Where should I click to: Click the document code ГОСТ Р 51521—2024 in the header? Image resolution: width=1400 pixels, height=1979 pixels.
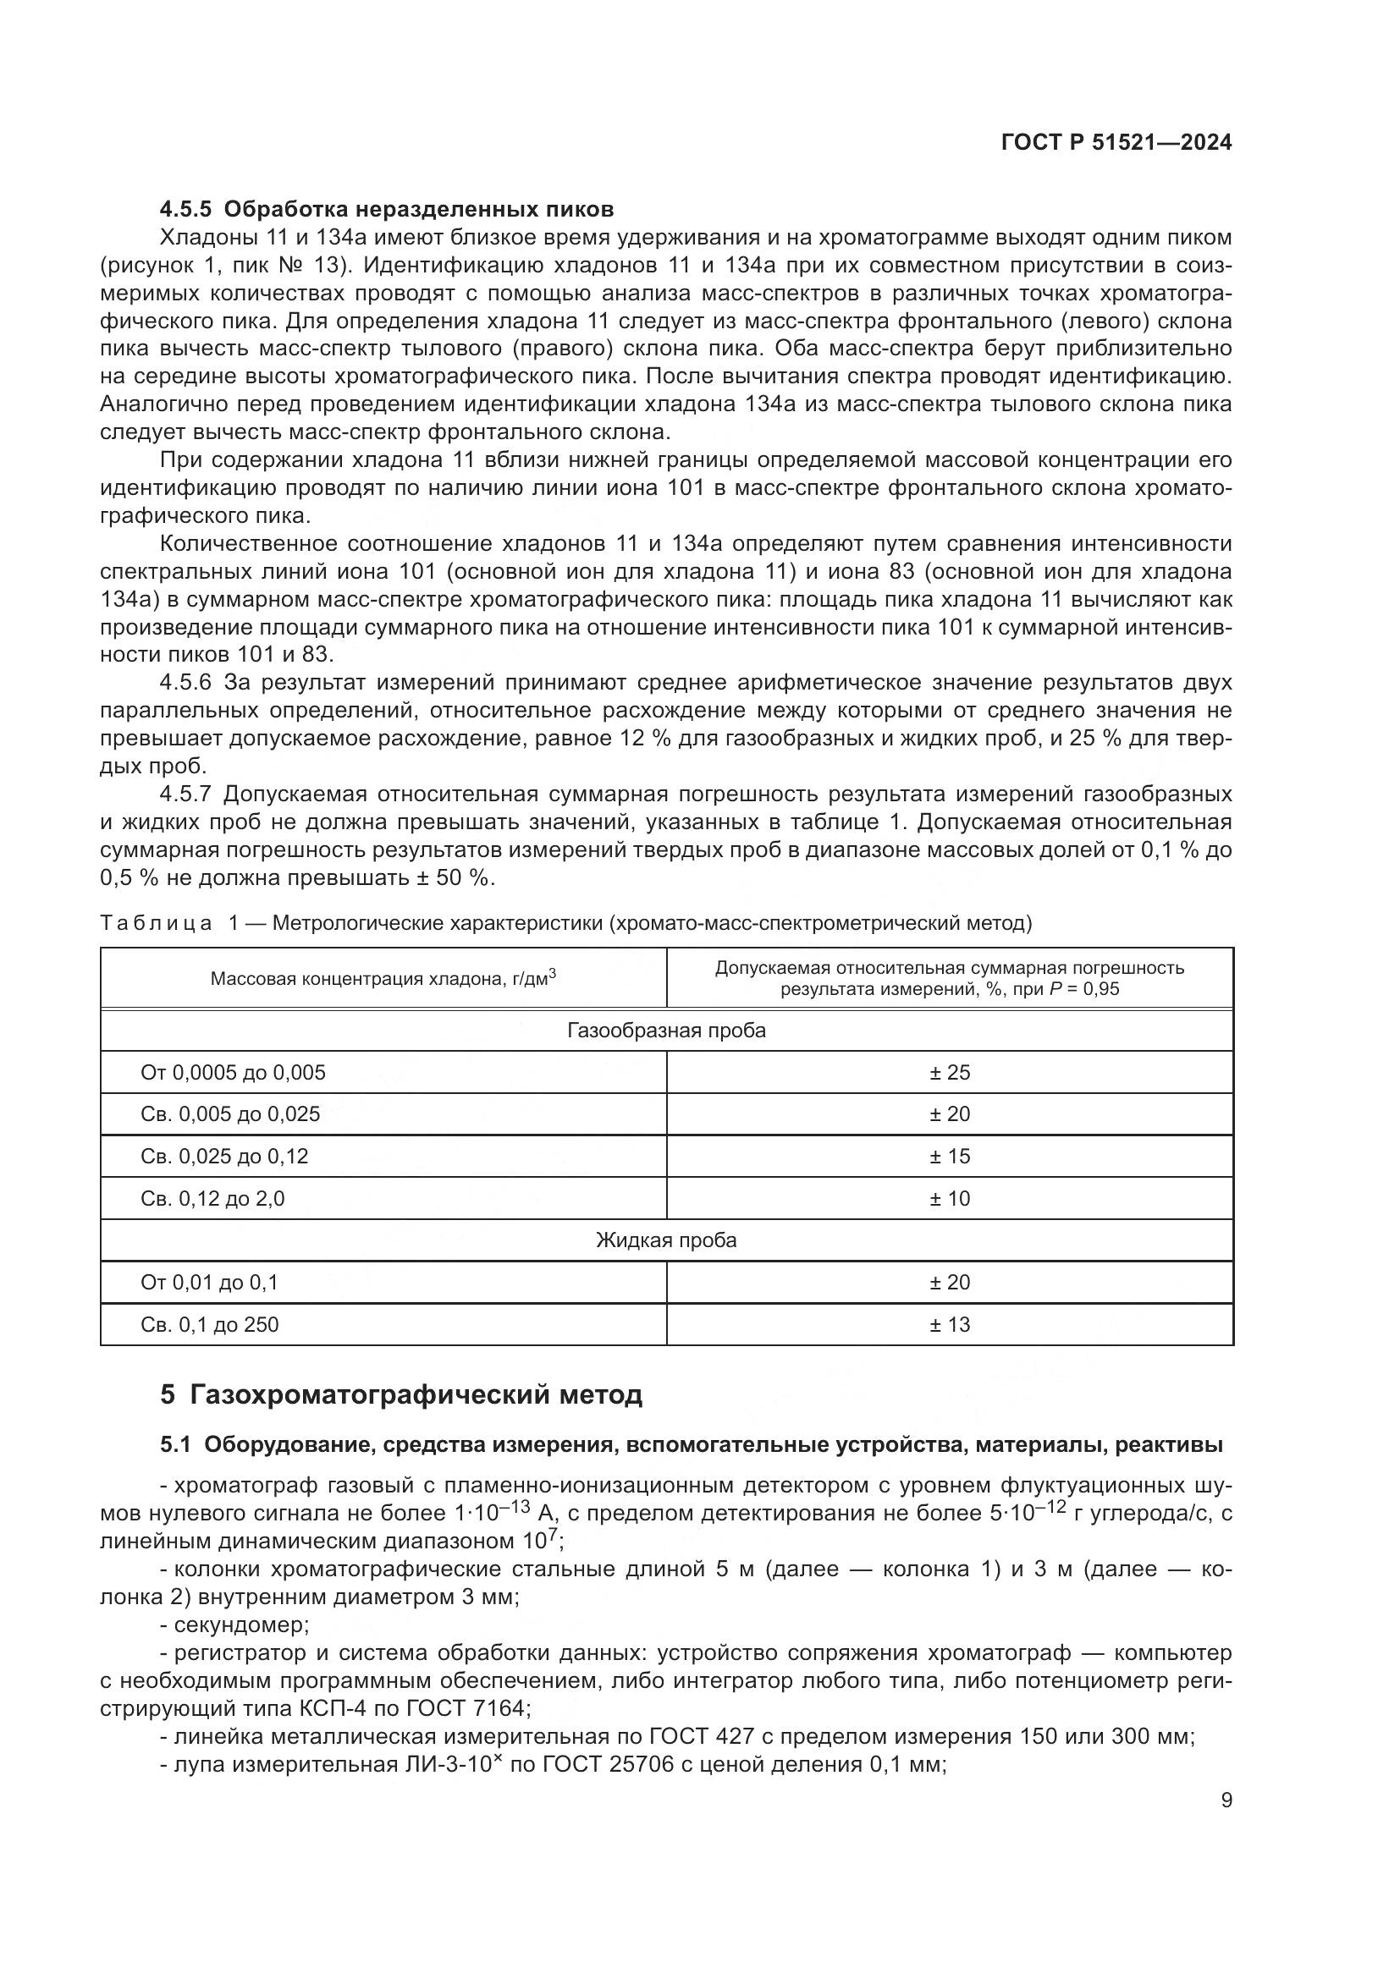pyautogui.click(x=1116, y=143)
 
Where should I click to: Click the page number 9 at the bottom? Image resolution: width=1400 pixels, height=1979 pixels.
pyautogui.click(x=1226, y=1799)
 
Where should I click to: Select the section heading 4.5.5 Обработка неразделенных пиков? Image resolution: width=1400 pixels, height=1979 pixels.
pyautogui.click(x=387, y=209)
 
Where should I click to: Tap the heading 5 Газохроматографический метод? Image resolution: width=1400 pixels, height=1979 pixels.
pyautogui.click(x=401, y=1394)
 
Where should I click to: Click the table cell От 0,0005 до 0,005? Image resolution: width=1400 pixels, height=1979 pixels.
pyautogui.click(x=233, y=1072)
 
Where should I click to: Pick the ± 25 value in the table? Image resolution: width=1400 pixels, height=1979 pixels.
pyautogui.click(x=949, y=1072)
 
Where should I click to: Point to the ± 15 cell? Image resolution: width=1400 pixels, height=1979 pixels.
pyautogui.click(x=949, y=1156)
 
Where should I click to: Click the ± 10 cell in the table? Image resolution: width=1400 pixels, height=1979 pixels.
pyautogui.click(x=949, y=1198)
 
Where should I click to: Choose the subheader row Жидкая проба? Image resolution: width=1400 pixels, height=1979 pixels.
pyautogui.click(x=666, y=1240)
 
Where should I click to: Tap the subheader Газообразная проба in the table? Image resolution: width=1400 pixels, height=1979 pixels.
pyautogui.click(x=666, y=1030)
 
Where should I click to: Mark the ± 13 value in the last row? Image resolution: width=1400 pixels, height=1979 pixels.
pyautogui.click(x=949, y=1324)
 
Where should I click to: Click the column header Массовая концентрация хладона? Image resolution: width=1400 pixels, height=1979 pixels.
pyautogui.click(x=383, y=978)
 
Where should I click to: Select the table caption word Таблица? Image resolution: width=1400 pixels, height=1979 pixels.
pyautogui.click(x=156, y=923)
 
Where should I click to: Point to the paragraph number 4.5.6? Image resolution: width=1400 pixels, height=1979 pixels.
pyautogui.click(x=185, y=683)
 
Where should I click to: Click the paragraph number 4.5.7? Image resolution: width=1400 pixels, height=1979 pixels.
pyautogui.click(x=185, y=794)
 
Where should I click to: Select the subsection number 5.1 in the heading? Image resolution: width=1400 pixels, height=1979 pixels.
pyautogui.click(x=176, y=1444)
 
